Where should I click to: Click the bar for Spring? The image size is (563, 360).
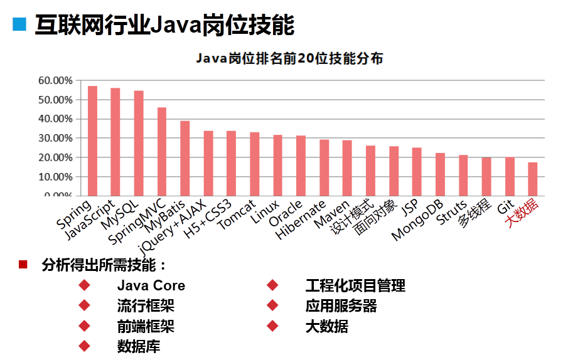[x=92, y=140]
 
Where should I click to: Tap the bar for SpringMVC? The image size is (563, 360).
[x=162, y=151]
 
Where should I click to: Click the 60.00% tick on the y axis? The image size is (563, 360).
[x=55, y=81]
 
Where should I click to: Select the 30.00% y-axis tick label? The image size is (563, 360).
[x=55, y=138]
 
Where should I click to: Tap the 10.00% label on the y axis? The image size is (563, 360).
[x=55, y=177]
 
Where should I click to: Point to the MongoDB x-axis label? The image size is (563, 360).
[x=418, y=220]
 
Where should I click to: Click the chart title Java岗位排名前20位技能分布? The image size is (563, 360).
[x=289, y=59]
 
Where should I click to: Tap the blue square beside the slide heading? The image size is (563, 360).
[x=20, y=24]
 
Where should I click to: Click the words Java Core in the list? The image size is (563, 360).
[x=151, y=286]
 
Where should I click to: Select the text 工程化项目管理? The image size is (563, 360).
[x=355, y=286]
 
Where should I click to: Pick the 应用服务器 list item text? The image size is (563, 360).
[x=341, y=306]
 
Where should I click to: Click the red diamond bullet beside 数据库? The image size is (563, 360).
[x=84, y=346]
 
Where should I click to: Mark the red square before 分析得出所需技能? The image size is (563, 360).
[x=23, y=264]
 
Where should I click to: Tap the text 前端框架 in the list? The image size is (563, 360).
[x=146, y=326]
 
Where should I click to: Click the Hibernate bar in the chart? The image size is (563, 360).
[x=324, y=167]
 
